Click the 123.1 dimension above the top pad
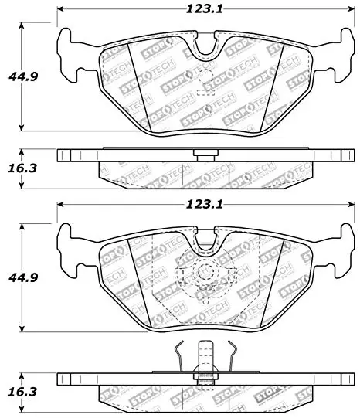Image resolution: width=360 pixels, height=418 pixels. pos(204,9)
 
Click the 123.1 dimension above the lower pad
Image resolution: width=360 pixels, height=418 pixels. pos(204,205)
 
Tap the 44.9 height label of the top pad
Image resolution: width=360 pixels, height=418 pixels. pos(23,76)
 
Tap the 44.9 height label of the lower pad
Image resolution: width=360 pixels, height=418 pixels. pos(23,277)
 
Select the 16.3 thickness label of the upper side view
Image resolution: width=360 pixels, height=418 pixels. pos(22,168)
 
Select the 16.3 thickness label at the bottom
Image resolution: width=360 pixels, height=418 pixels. pos(22,392)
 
